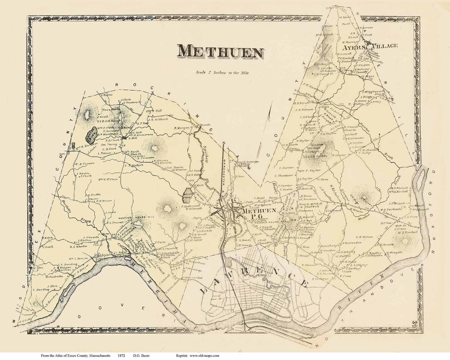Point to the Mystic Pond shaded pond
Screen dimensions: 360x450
pyautogui.click(x=187, y=195)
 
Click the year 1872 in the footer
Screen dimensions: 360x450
pyautogui.click(x=120, y=355)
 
